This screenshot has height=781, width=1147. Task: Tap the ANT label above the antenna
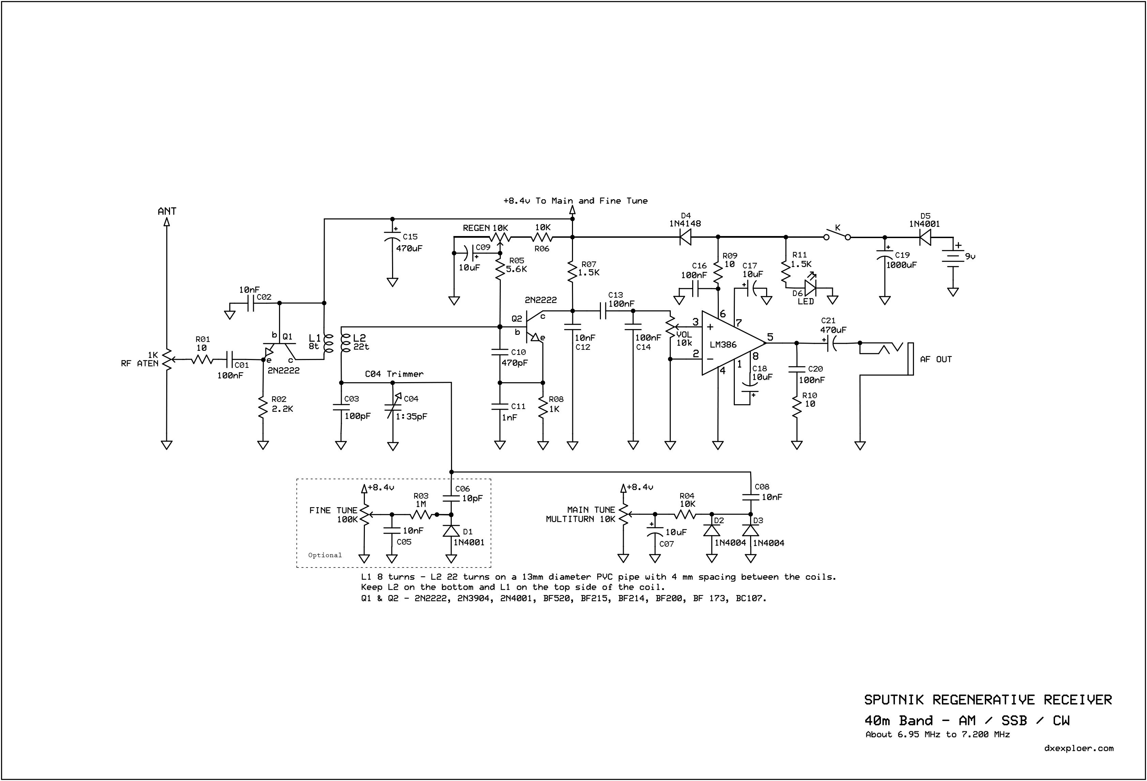167,211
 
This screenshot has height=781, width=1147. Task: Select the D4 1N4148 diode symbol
685,237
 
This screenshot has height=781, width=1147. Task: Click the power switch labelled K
837,234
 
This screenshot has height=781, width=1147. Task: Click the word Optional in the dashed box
325,555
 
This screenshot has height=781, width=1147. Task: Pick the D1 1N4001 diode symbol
451,530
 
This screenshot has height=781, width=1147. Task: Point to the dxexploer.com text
1079,748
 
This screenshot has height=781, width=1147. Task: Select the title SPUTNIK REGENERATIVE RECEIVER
988,700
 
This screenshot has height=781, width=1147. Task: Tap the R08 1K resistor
543,407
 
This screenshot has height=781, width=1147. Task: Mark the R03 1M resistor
421,515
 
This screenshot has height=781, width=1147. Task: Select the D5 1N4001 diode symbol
925,237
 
